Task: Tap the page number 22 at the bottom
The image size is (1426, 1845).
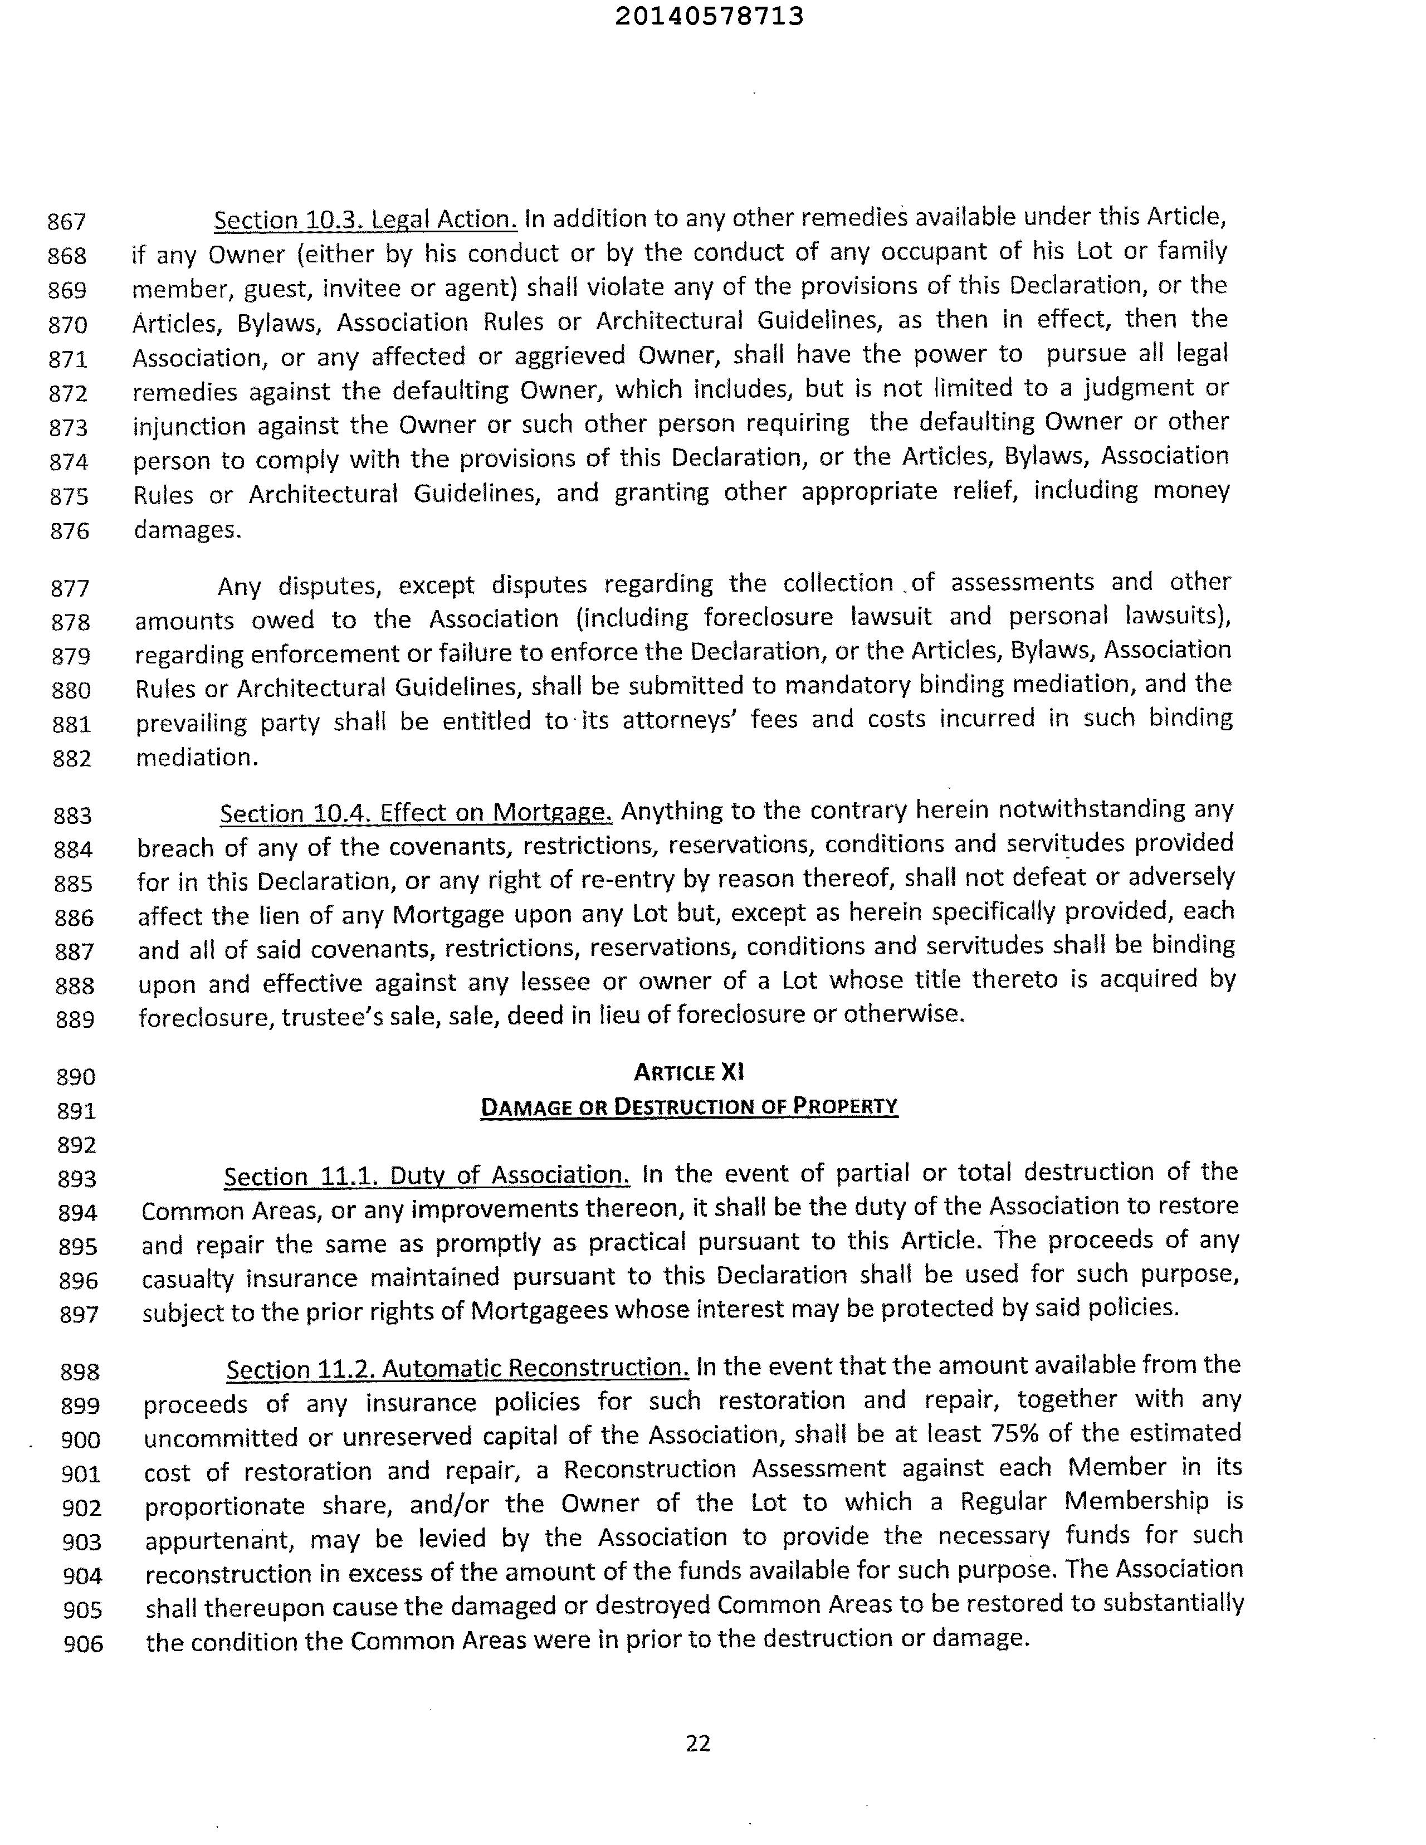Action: point(698,1743)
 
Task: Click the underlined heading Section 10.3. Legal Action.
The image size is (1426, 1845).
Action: point(365,219)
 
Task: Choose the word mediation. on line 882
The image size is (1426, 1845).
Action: point(197,757)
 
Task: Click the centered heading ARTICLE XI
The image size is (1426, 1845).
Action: point(688,1072)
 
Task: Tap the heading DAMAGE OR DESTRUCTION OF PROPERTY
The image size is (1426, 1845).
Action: point(688,1107)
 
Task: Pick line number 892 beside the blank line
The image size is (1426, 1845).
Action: point(77,1145)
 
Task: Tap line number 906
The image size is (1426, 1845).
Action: point(83,1644)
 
